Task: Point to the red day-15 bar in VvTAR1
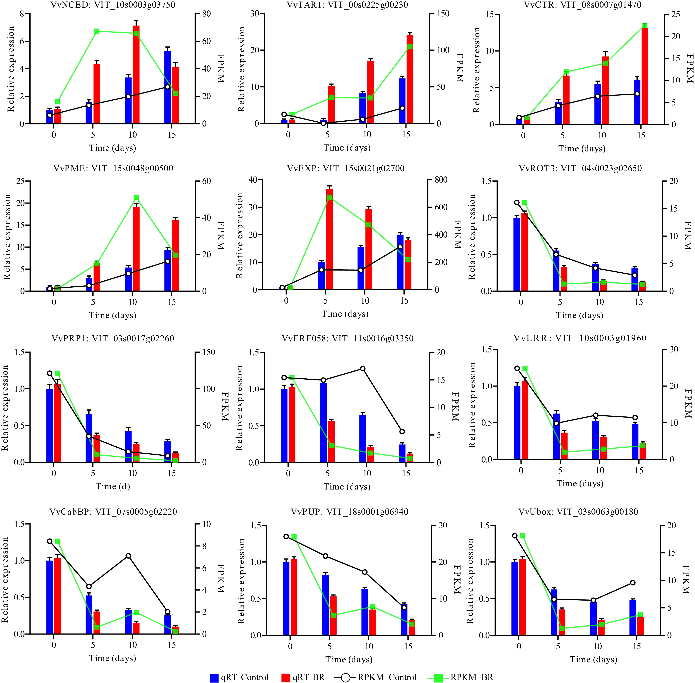pyautogui.click(x=410, y=79)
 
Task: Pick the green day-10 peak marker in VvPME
pyautogui.click(x=136, y=198)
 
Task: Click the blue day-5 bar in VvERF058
pyautogui.click(x=323, y=422)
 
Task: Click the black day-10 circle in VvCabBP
pyautogui.click(x=128, y=556)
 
